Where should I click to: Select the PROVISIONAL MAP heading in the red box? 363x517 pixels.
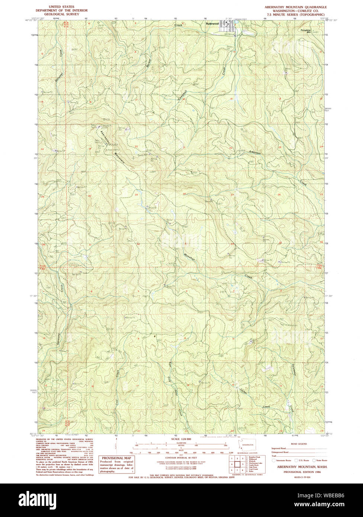pyautogui.click(x=116, y=458)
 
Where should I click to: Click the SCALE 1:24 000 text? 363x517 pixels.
pyautogui.click(x=181, y=439)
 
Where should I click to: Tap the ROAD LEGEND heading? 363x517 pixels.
pyautogui.click(x=299, y=444)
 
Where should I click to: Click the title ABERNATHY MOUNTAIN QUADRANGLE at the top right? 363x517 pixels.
pyautogui.click(x=296, y=7)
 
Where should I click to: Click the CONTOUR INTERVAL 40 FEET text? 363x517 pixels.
pyautogui.click(x=181, y=457)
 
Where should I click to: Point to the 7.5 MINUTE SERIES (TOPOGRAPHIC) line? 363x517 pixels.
pyautogui.click(x=296, y=15)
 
